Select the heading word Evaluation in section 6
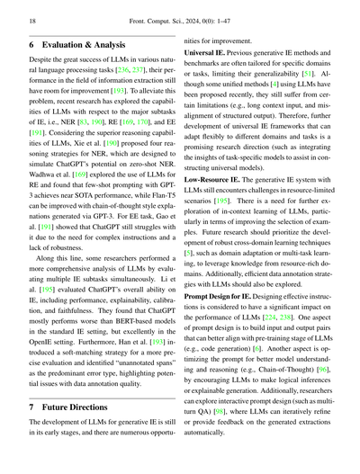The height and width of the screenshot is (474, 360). pyautogui.click(x=81, y=42)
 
